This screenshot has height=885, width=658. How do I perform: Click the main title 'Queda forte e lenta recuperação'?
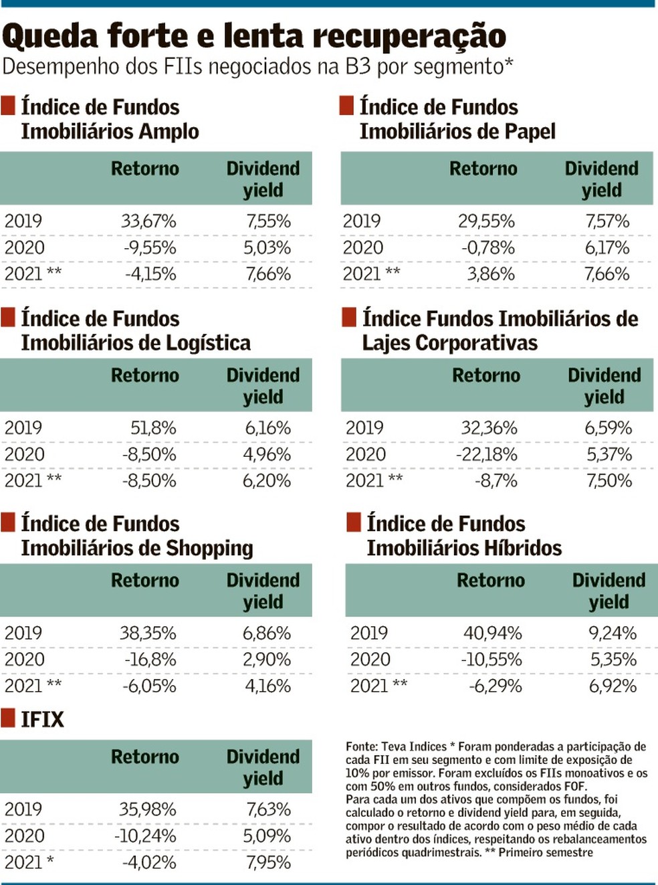click(x=254, y=36)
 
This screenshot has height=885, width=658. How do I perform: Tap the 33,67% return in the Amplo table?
click(x=148, y=221)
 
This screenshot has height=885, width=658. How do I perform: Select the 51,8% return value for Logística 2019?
click(x=153, y=428)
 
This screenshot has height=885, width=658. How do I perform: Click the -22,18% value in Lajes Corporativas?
click(x=486, y=455)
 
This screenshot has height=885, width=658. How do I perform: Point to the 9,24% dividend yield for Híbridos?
click(x=613, y=633)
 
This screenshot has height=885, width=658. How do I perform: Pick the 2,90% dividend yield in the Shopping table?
click(x=267, y=660)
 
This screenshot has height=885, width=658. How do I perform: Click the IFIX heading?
click(x=42, y=720)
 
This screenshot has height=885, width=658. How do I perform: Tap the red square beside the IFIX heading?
click(x=8, y=718)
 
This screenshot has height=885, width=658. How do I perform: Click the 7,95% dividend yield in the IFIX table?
click(x=268, y=862)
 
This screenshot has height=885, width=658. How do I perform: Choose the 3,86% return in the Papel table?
click(x=491, y=274)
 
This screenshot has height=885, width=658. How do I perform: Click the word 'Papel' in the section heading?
click(x=530, y=132)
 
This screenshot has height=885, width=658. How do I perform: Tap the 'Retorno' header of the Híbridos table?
click(x=490, y=581)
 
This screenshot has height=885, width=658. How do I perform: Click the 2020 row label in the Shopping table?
click(x=24, y=660)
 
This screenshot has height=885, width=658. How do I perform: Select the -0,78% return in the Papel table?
click(x=487, y=248)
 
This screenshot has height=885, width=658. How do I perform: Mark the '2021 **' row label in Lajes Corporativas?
click(x=374, y=481)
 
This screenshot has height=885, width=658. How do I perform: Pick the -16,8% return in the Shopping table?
click(x=150, y=660)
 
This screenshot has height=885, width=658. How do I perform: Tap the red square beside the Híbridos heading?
click(x=354, y=522)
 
